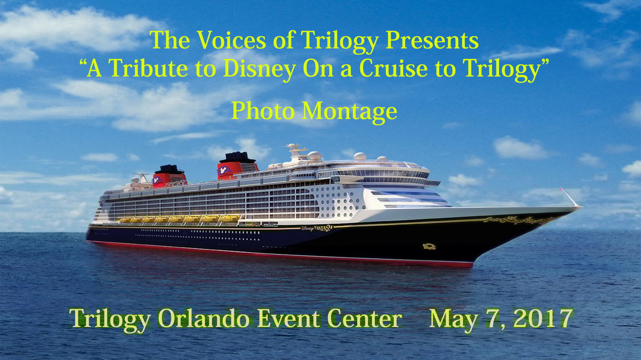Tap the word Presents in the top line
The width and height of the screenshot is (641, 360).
click(432, 40)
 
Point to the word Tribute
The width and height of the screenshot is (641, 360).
click(148, 69)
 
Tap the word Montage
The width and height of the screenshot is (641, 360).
click(350, 112)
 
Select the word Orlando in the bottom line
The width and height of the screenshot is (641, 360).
click(203, 319)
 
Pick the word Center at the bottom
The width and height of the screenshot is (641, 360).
click(365, 319)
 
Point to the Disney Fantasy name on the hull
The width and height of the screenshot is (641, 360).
click(317, 228)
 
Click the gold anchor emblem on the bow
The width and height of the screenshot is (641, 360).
click(429, 246)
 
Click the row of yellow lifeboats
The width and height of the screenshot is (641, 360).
click(179, 219)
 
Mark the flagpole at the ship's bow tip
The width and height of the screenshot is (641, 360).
click(570, 197)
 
